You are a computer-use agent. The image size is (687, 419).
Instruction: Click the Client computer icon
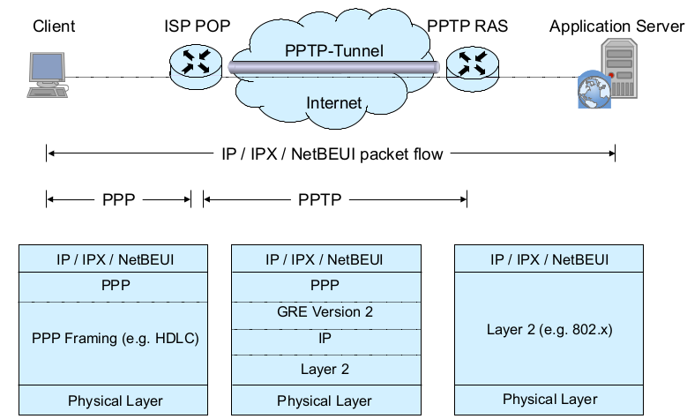point(46,74)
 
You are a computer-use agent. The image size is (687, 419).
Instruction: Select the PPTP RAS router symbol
point(467,64)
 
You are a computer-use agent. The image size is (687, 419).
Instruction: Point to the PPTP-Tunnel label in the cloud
point(334,50)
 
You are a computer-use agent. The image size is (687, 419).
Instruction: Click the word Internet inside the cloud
point(333,103)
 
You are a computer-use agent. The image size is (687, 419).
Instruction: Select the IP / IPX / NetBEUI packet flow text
point(331,154)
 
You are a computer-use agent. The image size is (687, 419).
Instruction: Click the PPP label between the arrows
point(118,200)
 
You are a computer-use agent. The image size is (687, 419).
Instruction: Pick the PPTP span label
point(319,200)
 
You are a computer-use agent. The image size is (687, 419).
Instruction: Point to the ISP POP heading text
point(197,26)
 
